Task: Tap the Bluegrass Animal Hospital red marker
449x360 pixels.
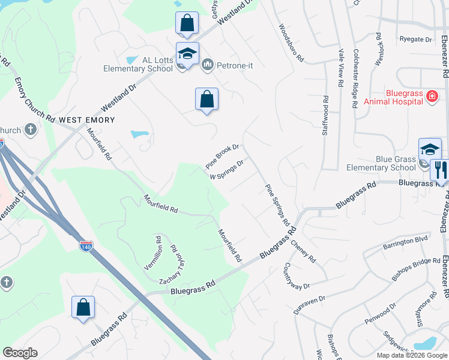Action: pyautogui.click(x=431, y=97)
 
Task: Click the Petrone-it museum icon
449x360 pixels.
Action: pyautogui.click(x=208, y=64)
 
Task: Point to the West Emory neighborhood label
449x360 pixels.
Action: pyautogui.click(x=87, y=120)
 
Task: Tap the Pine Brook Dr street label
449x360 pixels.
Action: pyautogui.click(x=223, y=155)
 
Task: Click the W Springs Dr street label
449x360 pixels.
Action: pyautogui.click(x=227, y=170)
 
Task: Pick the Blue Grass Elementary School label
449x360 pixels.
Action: pyautogui.click(x=378, y=164)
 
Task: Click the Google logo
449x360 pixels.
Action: pyautogui.click(x=20, y=353)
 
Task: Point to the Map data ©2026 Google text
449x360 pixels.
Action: pyautogui.click(x=412, y=355)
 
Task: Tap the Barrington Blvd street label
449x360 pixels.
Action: pyautogui.click(x=405, y=242)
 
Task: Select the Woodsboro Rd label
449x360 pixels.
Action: pyautogui.click(x=291, y=43)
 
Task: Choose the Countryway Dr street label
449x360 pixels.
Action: pyautogui.click(x=297, y=275)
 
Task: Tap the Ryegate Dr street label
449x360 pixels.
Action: pyautogui.click(x=415, y=40)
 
